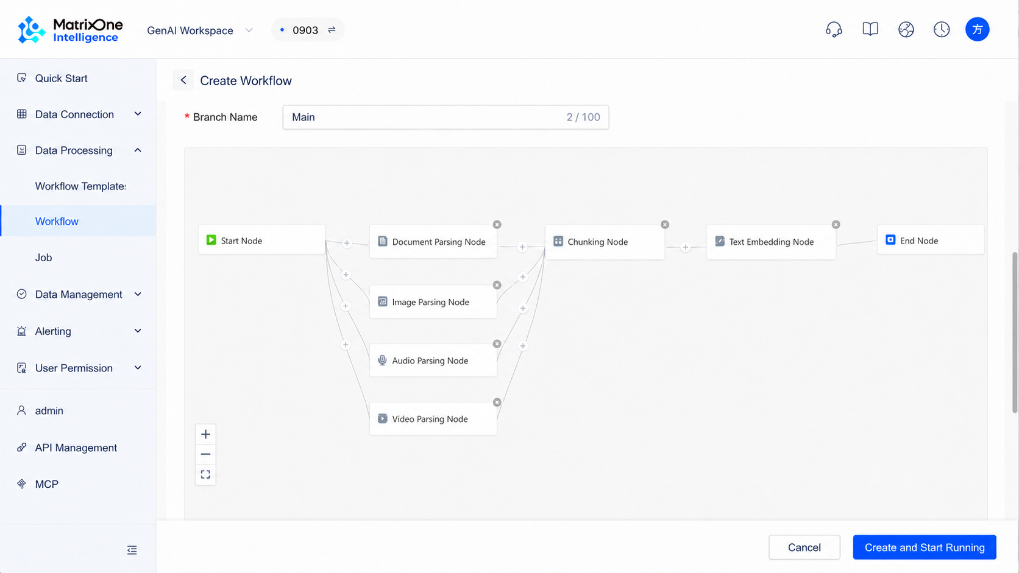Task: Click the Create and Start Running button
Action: click(x=925, y=547)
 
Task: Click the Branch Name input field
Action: click(x=446, y=118)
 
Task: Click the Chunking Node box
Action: click(x=605, y=242)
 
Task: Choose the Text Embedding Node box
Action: click(x=771, y=242)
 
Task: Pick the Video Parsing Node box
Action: click(x=433, y=418)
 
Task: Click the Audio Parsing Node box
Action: click(x=433, y=360)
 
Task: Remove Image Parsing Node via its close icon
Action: click(x=497, y=285)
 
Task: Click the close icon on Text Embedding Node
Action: click(x=836, y=225)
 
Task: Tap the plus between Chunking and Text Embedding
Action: click(x=686, y=247)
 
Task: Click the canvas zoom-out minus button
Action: click(x=205, y=454)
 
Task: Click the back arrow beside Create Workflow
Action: click(x=183, y=80)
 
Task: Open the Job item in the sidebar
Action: click(x=44, y=257)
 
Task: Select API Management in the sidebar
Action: click(x=76, y=448)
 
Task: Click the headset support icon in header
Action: click(x=834, y=30)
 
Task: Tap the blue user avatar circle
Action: click(x=977, y=30)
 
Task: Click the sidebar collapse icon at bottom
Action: click(x=132, y=550)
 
